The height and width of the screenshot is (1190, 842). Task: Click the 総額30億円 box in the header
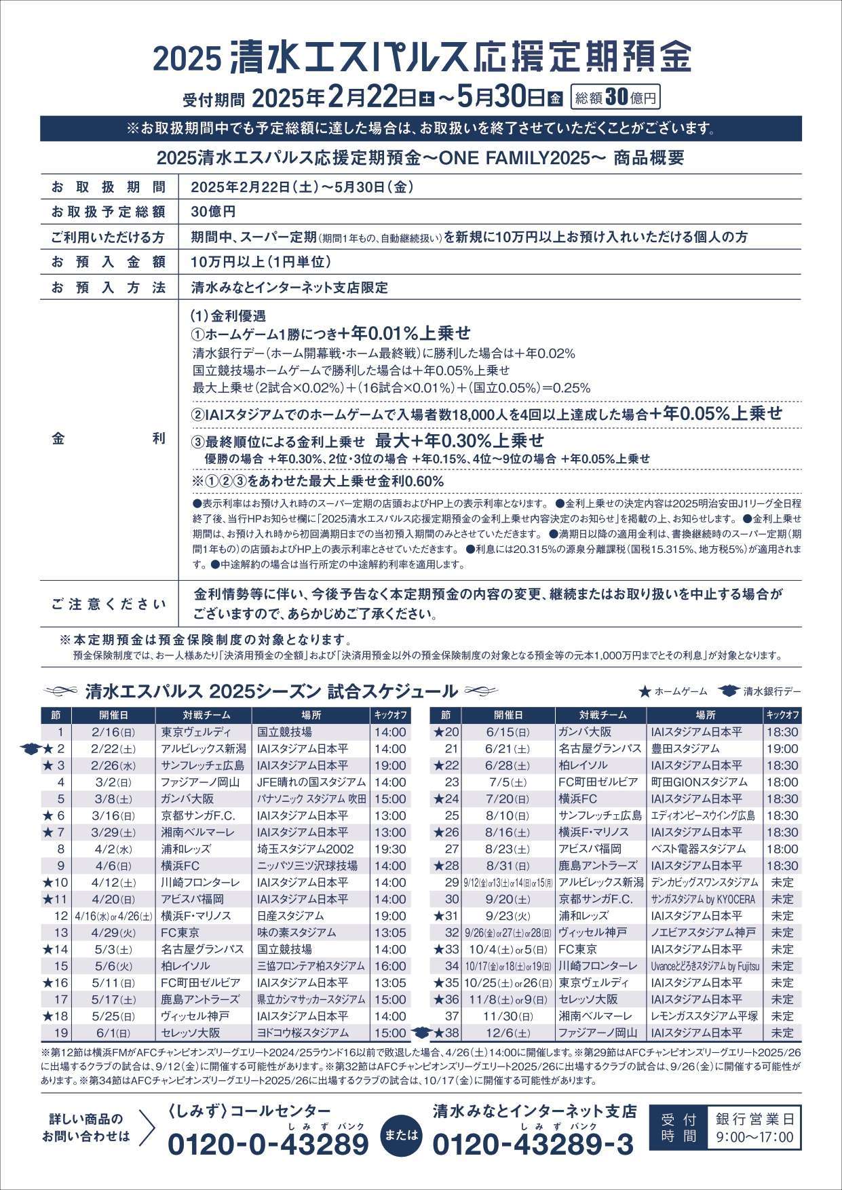[x=615, y=97]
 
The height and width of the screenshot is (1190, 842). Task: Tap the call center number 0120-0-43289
[x=268, y=1145]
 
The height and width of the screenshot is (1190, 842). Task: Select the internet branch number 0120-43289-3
[x=533, y=1145]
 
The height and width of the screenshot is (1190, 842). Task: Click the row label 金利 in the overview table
[x=109, y=439]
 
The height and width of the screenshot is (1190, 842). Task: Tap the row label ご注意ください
[x=109, y=604]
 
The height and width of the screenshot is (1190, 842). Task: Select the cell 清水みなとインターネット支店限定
[x=290, y=288]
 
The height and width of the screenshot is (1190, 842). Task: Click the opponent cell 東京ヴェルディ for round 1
[x=196, y=732]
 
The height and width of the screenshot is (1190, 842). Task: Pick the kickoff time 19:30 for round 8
[x=389, y=849]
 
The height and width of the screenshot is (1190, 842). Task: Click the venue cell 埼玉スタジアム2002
[x=305, y=849]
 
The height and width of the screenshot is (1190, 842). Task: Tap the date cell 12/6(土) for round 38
[x=508, y=1033]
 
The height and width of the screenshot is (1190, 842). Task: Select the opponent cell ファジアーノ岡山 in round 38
[x=597, y=1033]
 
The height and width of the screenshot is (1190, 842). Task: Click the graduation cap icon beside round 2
[x=31, y=749]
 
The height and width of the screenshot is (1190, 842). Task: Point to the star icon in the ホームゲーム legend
[x=645, y=691]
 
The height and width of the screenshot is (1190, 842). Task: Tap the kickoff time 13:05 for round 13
[x=389, y=932]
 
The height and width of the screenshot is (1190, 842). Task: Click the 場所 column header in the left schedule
[x=311, y=715]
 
